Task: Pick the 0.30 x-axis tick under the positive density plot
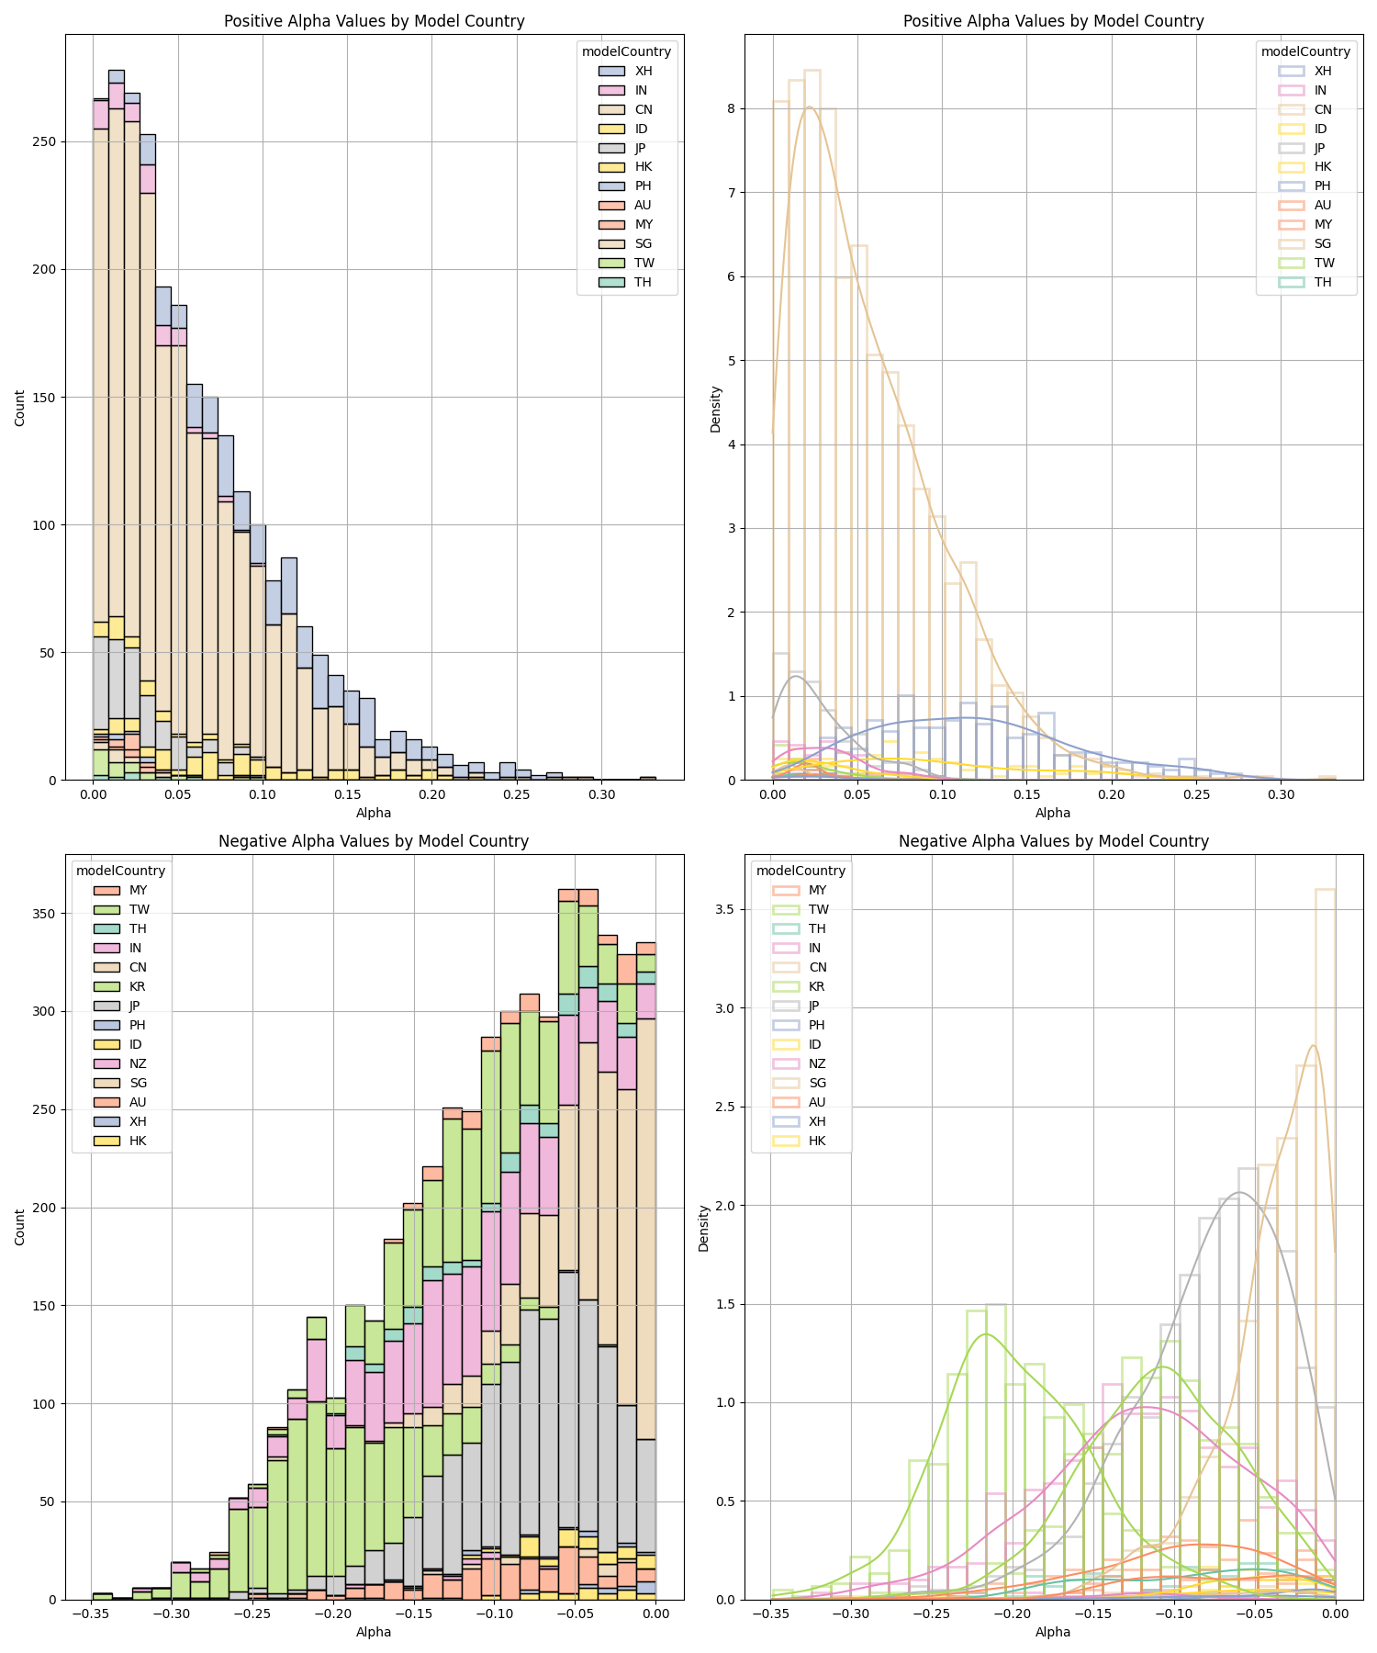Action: click(1282, 793)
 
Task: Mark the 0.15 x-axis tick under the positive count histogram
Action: click(347, 793)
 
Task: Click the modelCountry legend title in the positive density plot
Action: click(1304, 51)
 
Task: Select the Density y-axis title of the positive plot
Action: click(716, 409)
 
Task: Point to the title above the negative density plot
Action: click(1053, 841)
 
